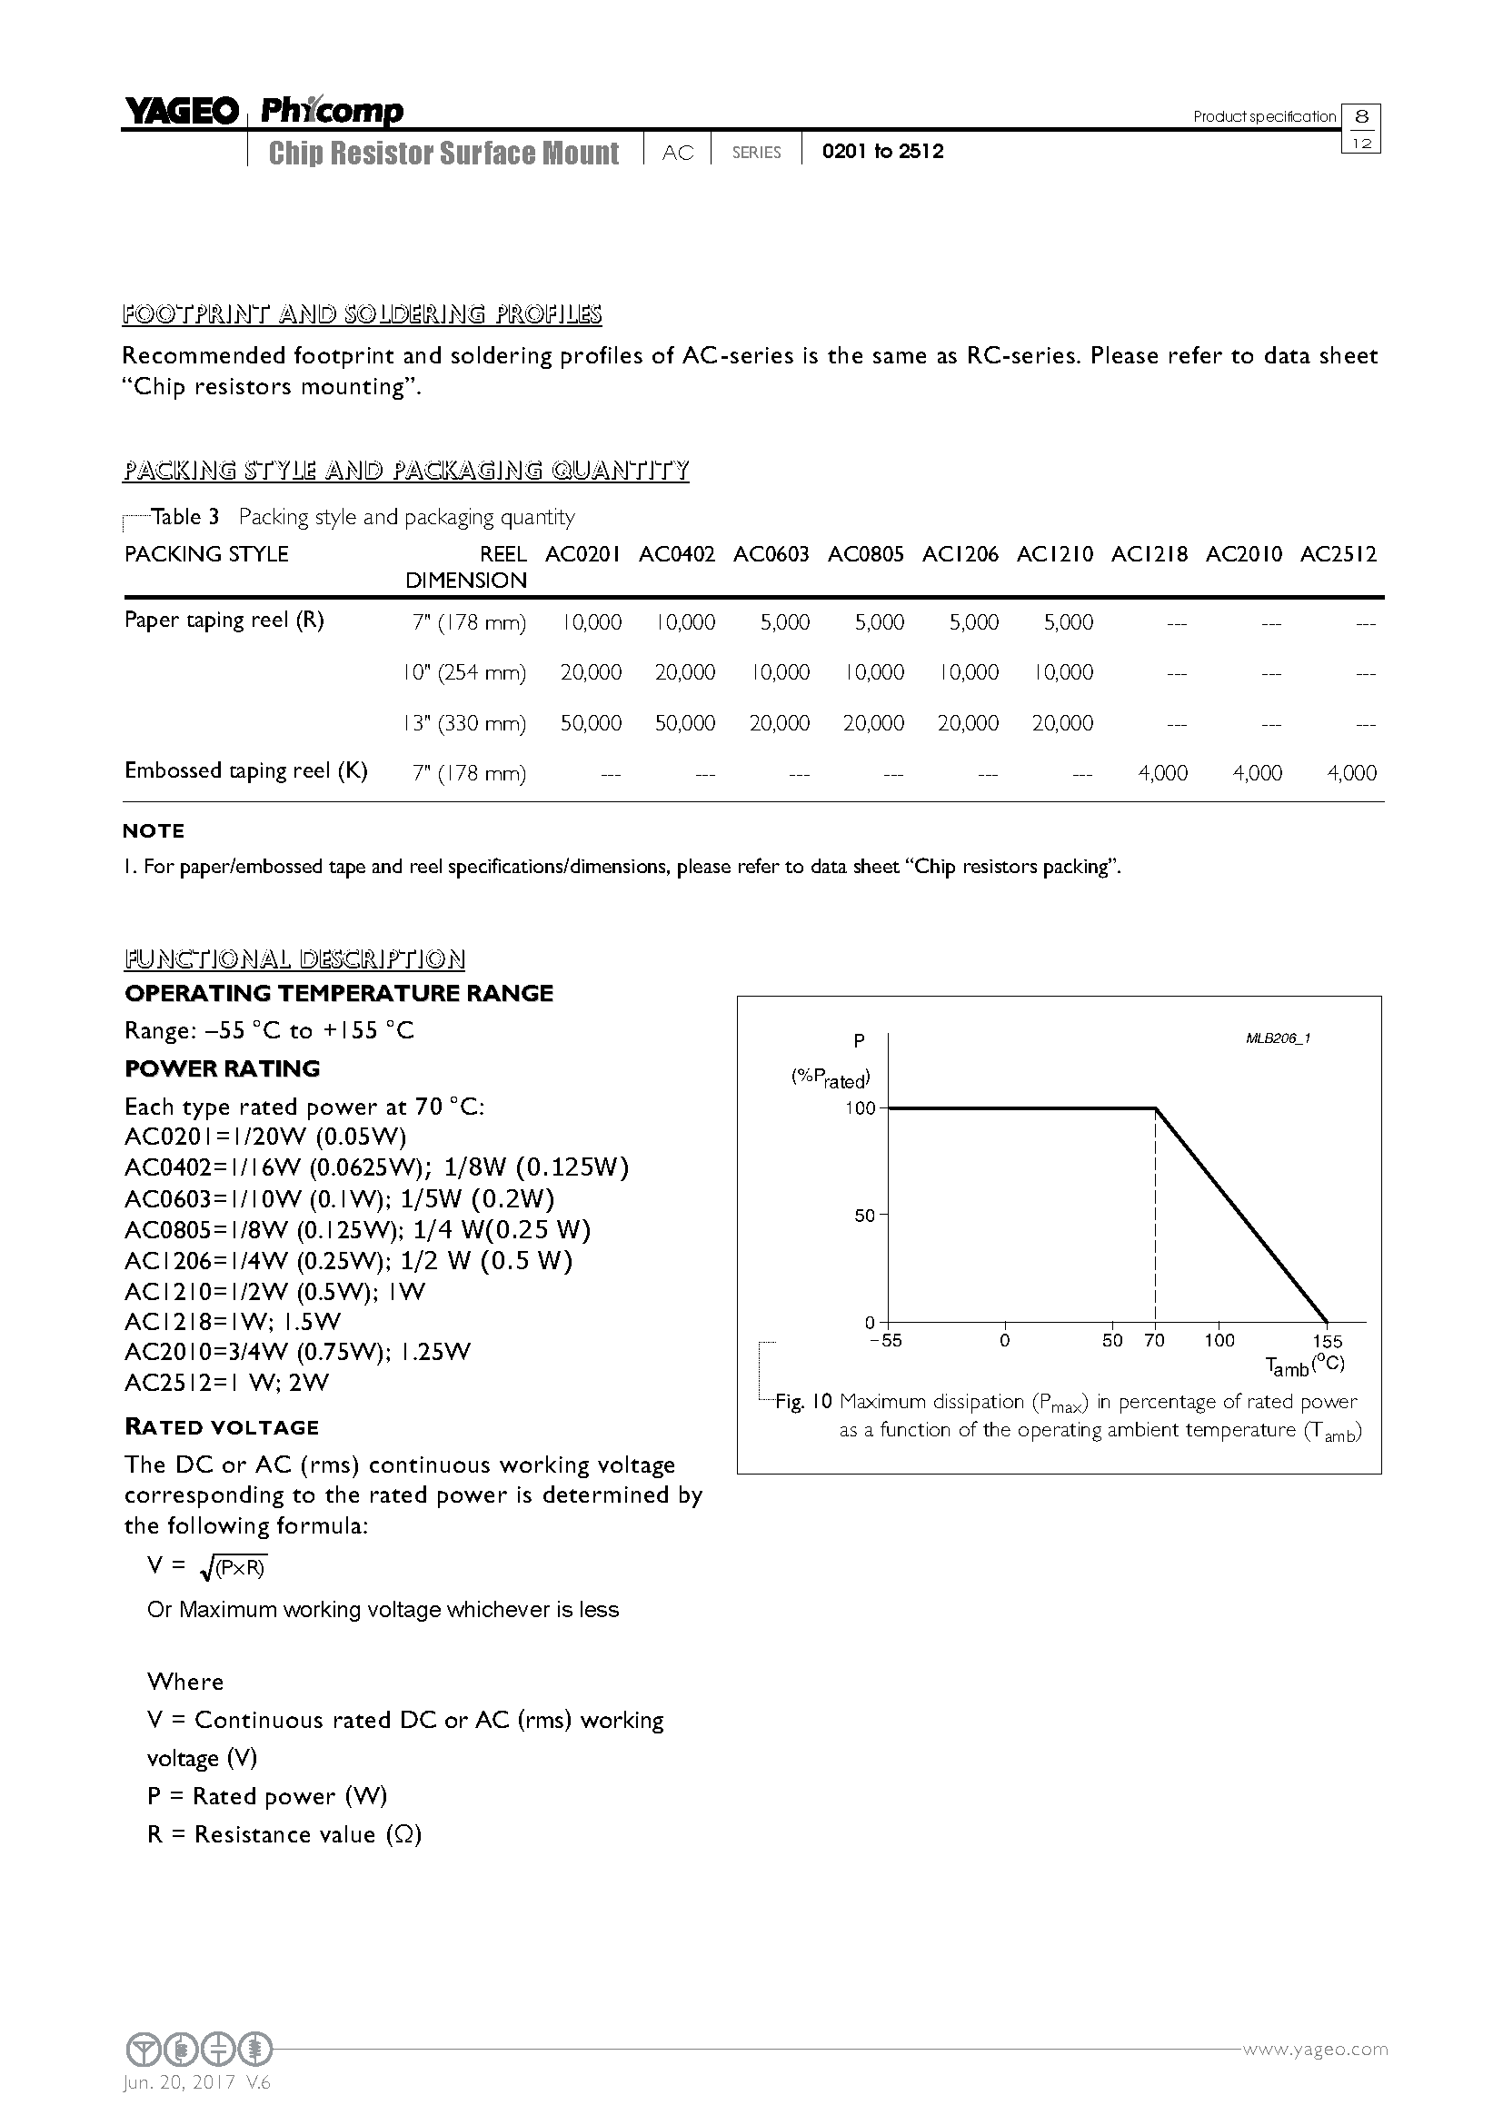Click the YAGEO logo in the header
point(182,112)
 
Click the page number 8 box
point(1360,116)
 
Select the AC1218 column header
point(1149,554)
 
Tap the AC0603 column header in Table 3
point(771,554)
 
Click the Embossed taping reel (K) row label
point(246,771)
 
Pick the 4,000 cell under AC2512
point(1351,773)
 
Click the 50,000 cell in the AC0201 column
point(591,723)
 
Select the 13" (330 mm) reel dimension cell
point(464,723)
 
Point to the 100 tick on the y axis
point(860,1107)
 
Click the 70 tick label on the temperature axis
point(1154,1340)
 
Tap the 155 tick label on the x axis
point(1327,1341)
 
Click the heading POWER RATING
point(222,1068)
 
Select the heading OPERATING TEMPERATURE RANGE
point(339,993)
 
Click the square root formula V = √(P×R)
point(207,1566)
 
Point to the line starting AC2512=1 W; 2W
point(227,1383)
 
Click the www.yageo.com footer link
point(1314,2049)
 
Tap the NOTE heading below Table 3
point(154,831)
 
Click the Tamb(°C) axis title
point(1305,1365)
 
